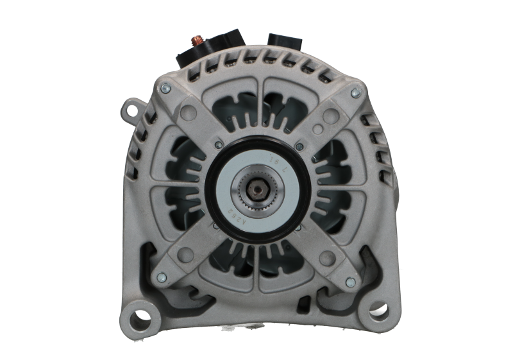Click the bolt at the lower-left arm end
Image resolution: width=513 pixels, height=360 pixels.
(x=160, y=277)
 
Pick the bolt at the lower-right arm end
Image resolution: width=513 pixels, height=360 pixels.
(x=349, y=282)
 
